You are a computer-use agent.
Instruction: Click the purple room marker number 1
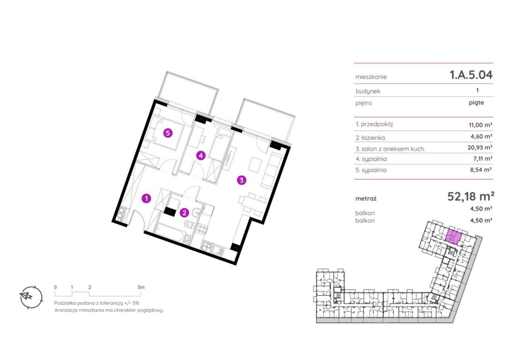click(x=147, y=198)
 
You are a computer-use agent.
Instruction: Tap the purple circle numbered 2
click(x=184, y=213)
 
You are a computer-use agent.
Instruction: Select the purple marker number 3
click(x=241, y=180)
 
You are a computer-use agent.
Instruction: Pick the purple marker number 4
click(x=201, y=156)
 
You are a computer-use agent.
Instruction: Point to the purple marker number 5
click(x=168, y=133)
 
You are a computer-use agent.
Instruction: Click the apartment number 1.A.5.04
click(x=471, y=75)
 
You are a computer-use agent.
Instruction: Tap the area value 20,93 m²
click(x=480, y=148)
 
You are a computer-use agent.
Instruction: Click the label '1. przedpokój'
click(x=374, y=125)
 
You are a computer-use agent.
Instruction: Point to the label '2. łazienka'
click(x=370, y=138)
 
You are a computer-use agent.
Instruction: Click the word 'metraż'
click(x=366, y=198)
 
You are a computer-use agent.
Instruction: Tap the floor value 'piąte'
click(x=476, y=103)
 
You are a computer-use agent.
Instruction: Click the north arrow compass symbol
click(x=31, y=297)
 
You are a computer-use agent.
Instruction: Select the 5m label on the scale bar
click(x=141, y=287)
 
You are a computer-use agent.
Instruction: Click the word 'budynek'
click(x=368, y=91)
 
